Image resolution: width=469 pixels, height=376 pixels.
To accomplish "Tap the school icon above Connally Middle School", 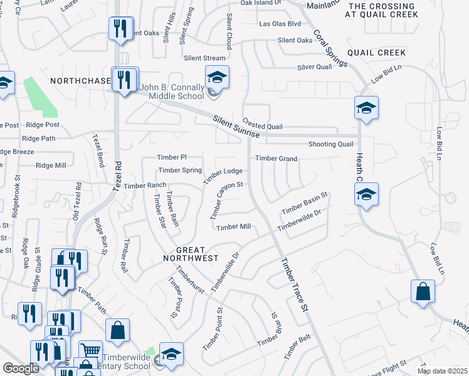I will (217, 78).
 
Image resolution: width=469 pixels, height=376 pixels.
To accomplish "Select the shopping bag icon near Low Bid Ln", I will (423, 292).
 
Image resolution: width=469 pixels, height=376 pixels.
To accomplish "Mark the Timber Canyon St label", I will (226, 200).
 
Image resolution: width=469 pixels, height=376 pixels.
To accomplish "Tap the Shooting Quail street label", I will (331, 144).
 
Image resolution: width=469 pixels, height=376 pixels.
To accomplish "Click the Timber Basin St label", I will (305, 203).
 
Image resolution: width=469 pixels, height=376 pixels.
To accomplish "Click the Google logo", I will (21, 369).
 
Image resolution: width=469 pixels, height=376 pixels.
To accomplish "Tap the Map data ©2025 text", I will (441, 371).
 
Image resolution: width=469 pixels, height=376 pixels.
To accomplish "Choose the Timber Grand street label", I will (276, 159).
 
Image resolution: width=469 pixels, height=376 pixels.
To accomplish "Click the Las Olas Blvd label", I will (280, 24).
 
